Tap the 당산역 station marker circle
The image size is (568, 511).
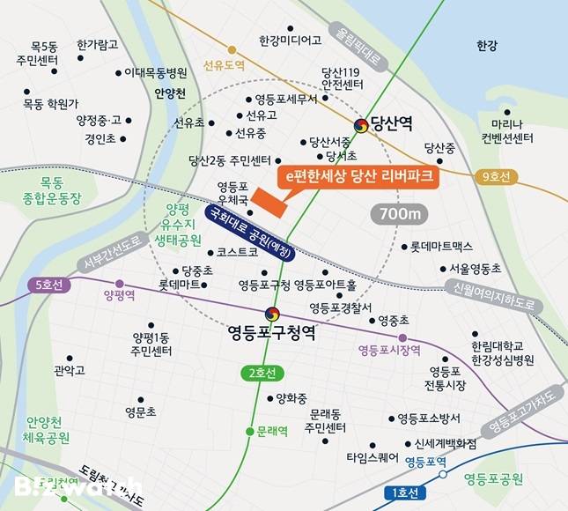point(360,126)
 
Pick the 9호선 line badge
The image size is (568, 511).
point(497,177)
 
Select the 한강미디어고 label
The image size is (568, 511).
point(291,41)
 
